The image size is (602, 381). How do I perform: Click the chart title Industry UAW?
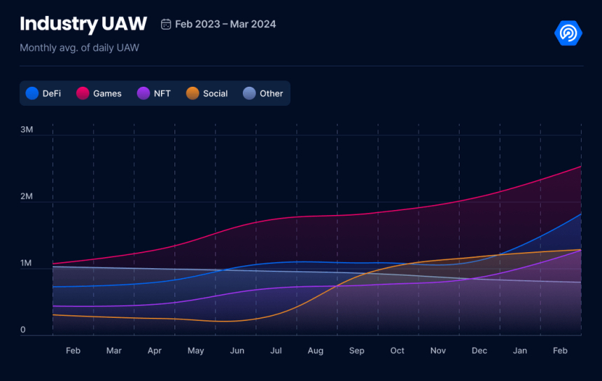tap(83, 24)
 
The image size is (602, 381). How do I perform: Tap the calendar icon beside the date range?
tap(166, 25)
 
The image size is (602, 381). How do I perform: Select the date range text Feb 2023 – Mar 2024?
tap(225, 25)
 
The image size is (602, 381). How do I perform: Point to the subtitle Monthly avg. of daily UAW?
tap(78, 48)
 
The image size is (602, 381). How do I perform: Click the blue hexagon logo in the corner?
tap(568, 33)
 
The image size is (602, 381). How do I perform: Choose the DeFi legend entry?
tap(43, 93)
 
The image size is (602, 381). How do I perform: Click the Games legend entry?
tap(99, 93)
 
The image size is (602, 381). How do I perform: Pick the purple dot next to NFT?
tap(143, 93)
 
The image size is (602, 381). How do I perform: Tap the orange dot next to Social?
tap(192, 93)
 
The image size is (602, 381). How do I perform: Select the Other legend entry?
tap(263, 93)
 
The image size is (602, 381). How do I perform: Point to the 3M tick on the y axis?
tap(27, 130)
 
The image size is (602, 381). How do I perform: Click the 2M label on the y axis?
tap(27, 196)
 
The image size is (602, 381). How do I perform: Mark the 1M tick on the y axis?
tap(27, 263)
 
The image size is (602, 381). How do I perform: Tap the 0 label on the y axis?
tap(23, 330)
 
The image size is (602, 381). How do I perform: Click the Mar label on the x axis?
tap(113, 350)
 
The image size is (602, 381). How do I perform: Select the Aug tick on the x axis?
tap(315, 350)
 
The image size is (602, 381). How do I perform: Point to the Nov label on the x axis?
tap(438, 350)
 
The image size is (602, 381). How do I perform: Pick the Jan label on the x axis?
tap(520, 350)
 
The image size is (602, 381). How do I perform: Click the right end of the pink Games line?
tap(581, 167)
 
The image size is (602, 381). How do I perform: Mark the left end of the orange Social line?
tap(52, 314)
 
